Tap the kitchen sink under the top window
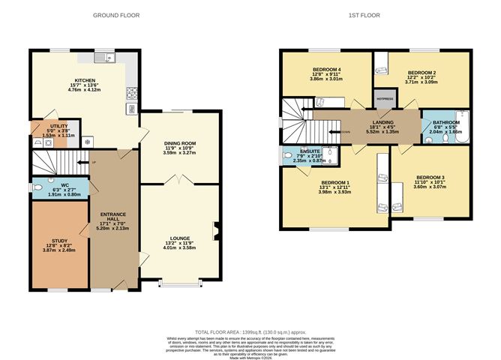103,58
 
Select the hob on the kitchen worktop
132,94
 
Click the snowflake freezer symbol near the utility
88,140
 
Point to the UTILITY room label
59,126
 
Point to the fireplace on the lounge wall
216,230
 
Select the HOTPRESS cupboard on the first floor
385,98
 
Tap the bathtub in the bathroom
460,128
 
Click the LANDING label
373,124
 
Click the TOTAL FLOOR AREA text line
250,331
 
